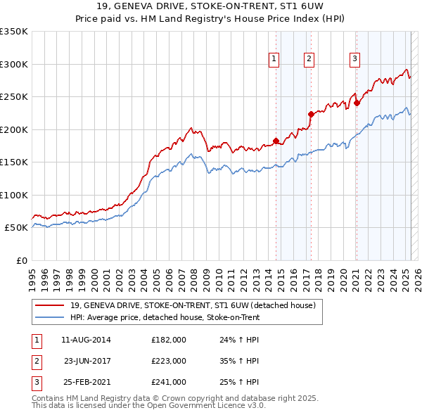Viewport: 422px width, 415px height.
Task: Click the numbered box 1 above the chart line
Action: point(274,59)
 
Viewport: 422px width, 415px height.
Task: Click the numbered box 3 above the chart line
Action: point(355,59)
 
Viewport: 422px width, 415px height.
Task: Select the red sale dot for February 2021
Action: point(357,103)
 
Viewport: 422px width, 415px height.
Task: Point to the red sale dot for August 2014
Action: point(276,141)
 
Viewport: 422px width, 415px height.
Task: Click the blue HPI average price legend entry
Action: point(165,317)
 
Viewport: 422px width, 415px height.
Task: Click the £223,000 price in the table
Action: point(168,361)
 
